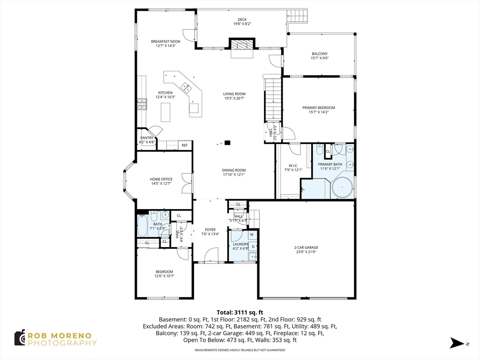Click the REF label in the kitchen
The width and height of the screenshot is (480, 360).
pos(185,145)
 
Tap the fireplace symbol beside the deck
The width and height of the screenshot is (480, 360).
pos(242,44)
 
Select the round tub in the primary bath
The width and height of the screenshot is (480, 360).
pos(342,187)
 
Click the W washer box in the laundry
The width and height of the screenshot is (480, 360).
pos(252,235)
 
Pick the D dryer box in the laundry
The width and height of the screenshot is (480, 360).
pos(253,247)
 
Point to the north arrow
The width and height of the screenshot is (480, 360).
pos(457,343)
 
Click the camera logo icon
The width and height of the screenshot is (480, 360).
pos(20,338)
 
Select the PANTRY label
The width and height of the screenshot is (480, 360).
pos(147,138)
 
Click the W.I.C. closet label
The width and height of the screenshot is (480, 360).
pos(293,165)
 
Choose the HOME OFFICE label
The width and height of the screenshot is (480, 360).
pos(161,179)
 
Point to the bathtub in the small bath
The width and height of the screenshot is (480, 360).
pos(142,225)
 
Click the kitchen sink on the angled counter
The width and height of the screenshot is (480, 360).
pos(186,88)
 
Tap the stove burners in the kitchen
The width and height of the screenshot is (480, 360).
pos(142,104)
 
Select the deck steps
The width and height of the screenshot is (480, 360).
pos(297,15)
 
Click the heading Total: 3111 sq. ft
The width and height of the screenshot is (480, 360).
pos(240,313)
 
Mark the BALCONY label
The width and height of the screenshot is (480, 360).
pos(320,53)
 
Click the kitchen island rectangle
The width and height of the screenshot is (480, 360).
pos(165,112)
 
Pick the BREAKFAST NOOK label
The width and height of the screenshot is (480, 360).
pos(165,41)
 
